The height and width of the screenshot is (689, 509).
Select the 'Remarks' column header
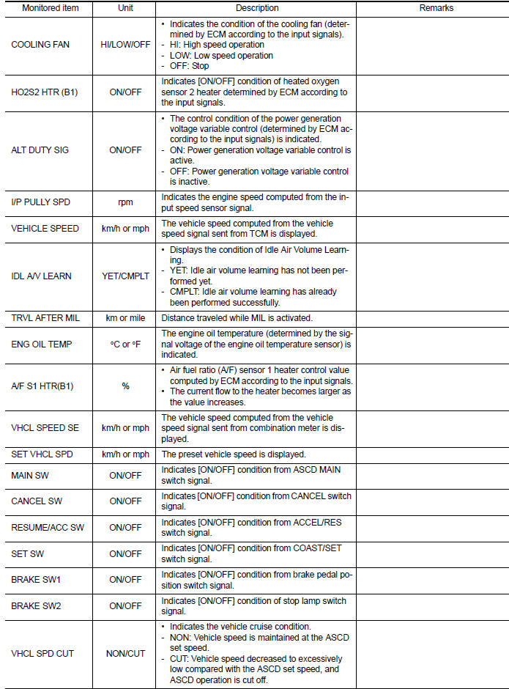coord(436,9)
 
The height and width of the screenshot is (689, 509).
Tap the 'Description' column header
coord(257,9)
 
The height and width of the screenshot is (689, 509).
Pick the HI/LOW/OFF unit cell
coord(125,45)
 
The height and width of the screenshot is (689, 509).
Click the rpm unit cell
coord(125,202)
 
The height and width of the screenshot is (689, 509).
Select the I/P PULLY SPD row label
coord(40,202)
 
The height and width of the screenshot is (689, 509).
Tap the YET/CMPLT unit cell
coord(125,276)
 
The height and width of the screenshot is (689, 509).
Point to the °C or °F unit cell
coord(125,344)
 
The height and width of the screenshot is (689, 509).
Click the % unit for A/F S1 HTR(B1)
coord(125,386)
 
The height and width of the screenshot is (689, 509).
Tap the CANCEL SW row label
coord(35,501)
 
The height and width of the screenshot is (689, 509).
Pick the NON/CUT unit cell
coord(125,653)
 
